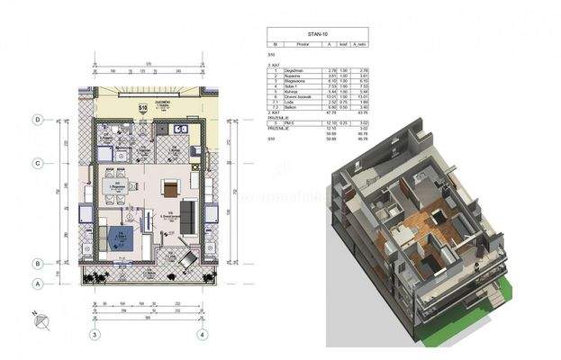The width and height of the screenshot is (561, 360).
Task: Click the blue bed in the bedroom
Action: coord(117,239)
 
